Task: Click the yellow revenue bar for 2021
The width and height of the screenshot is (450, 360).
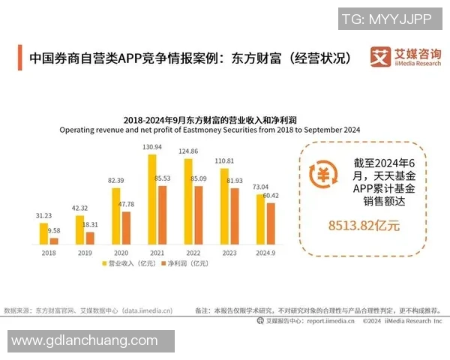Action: (x=152, y=199)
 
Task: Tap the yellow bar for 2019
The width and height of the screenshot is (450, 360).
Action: (x=79, y=230)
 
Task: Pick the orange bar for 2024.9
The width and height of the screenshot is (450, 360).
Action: (x=270, y=223)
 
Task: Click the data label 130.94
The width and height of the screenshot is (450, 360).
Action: (x=152, y=146)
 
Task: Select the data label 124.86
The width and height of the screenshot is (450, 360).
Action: (x=188, y=151)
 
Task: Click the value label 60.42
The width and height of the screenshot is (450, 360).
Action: (x=271, y=196)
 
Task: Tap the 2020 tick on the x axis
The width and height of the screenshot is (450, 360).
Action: (x=120, y=253)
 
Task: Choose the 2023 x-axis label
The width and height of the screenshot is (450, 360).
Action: (x=229, y=253)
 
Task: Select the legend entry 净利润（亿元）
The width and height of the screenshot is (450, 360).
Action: (x=183, y=264)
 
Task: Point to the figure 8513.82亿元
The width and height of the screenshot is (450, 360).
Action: (x=364, y=224)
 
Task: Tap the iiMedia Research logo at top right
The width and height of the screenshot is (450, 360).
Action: (x=405, y=56)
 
